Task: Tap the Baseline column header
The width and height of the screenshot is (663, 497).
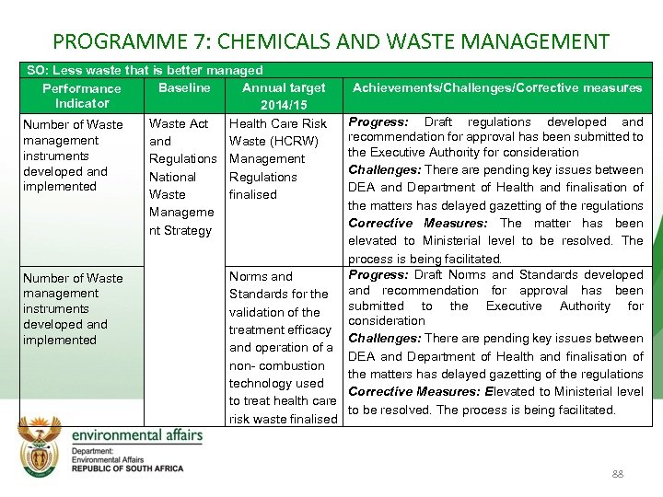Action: click(x=184, y=88)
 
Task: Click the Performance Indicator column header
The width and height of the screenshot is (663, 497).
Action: click(x=82, y=96)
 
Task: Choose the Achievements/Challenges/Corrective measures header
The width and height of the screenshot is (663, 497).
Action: click(x=497, y=88)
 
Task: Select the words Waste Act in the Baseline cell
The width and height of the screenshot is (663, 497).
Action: click(x=179, y=123)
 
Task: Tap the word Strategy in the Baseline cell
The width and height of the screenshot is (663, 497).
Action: click(x=188, y=230)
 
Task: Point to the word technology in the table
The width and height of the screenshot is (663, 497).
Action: click(x=262, y=383)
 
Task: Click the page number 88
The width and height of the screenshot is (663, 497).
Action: click(x=617, y=475)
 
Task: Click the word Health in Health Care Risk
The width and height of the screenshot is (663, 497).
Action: click(x=248, y=123)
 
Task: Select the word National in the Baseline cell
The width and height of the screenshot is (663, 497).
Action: click(x=172, y=177)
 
